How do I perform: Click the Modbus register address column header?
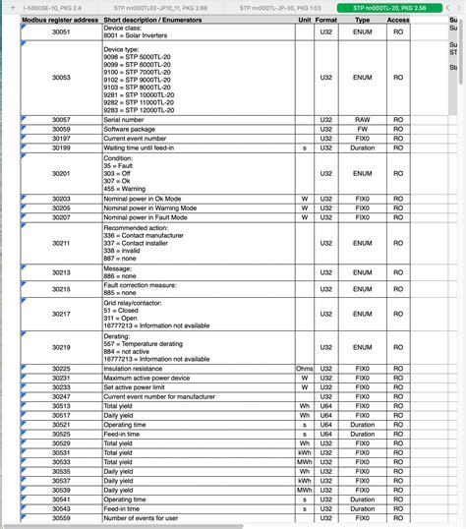59,19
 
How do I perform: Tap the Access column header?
398,19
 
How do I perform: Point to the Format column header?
326,19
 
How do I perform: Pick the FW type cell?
363,129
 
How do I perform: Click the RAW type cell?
363,119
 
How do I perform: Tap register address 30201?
61,173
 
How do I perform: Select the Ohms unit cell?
305,368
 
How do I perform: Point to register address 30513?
61,405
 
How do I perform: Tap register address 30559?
61,518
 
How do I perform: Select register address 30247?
61,396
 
